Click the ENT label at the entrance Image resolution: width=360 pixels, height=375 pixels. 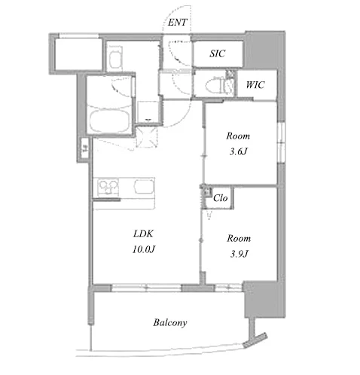(x=177, y=23)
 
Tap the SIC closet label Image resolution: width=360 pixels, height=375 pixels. (x=218, y=53)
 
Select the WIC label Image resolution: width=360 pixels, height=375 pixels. (x=255, y=85)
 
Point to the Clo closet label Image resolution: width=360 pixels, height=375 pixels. (x=220, y=198)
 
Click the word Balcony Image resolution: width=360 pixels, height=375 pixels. (x=170, y=322)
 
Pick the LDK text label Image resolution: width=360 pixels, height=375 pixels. (x=143, y=234)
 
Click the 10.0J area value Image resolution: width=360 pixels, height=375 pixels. (x=144, y=249)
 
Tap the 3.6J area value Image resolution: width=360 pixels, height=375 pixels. (x=239, y=151)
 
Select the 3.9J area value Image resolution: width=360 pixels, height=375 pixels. (x=239, y=255)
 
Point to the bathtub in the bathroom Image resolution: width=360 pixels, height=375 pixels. (x=109, y=121)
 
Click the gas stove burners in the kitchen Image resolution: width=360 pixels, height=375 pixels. (x=108, y=187)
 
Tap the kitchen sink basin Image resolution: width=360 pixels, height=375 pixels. (x=144, y=187)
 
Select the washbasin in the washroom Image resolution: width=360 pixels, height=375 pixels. (x=116, y=57)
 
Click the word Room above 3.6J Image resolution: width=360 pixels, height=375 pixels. (x=238, y=136)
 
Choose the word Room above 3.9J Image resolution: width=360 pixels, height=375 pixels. (x=239, y=238)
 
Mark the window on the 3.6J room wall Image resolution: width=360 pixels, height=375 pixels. (x=281, y=142)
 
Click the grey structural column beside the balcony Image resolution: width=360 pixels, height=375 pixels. (x=264, y=299)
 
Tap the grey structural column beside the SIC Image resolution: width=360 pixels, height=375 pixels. (x=265, y=50)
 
